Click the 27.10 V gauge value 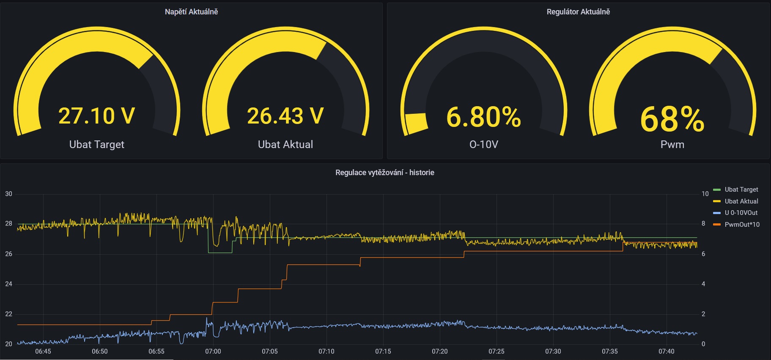96,116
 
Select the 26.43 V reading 285,116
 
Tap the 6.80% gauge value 483,117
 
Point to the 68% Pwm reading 672,119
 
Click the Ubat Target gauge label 97,145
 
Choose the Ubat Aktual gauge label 285,145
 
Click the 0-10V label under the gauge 484,145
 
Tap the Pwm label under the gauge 672,145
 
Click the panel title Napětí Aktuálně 192,12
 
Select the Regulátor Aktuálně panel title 578,12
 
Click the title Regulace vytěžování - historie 385,173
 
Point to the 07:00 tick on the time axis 213,352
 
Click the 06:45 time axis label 43,352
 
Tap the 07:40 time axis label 667,352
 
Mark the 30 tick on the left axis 8,194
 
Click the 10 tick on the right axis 705,194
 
